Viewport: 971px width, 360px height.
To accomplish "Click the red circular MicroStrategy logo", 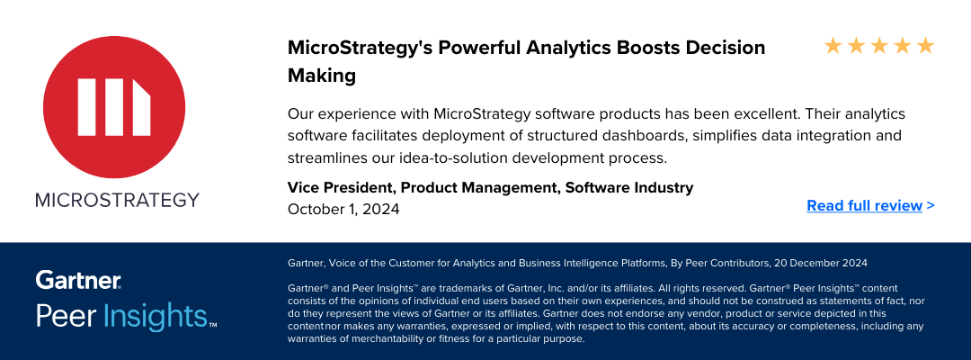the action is pos(114,106).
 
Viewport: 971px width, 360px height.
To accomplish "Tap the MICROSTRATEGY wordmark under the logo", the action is pos(117,200).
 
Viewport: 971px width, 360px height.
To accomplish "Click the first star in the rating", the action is pos(833,45).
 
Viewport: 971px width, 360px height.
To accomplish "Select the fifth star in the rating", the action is pos(925,45).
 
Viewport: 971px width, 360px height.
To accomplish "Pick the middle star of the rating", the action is pos(879,45).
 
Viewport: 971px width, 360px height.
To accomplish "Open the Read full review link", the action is pos(870,205).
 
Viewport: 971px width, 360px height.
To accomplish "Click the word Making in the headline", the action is pos(322,76).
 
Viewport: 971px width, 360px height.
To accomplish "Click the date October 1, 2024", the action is pos(343,209).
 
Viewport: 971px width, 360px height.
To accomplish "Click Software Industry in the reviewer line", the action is pos(629,187).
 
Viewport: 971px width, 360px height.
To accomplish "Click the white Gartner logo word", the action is pos(78,280).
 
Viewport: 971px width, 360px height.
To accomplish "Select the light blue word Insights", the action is pos(155,316).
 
